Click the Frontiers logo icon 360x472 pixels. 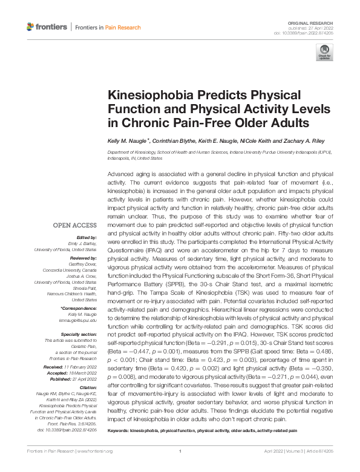31,27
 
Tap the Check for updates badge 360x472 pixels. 324,52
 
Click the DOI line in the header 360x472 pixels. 309,33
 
